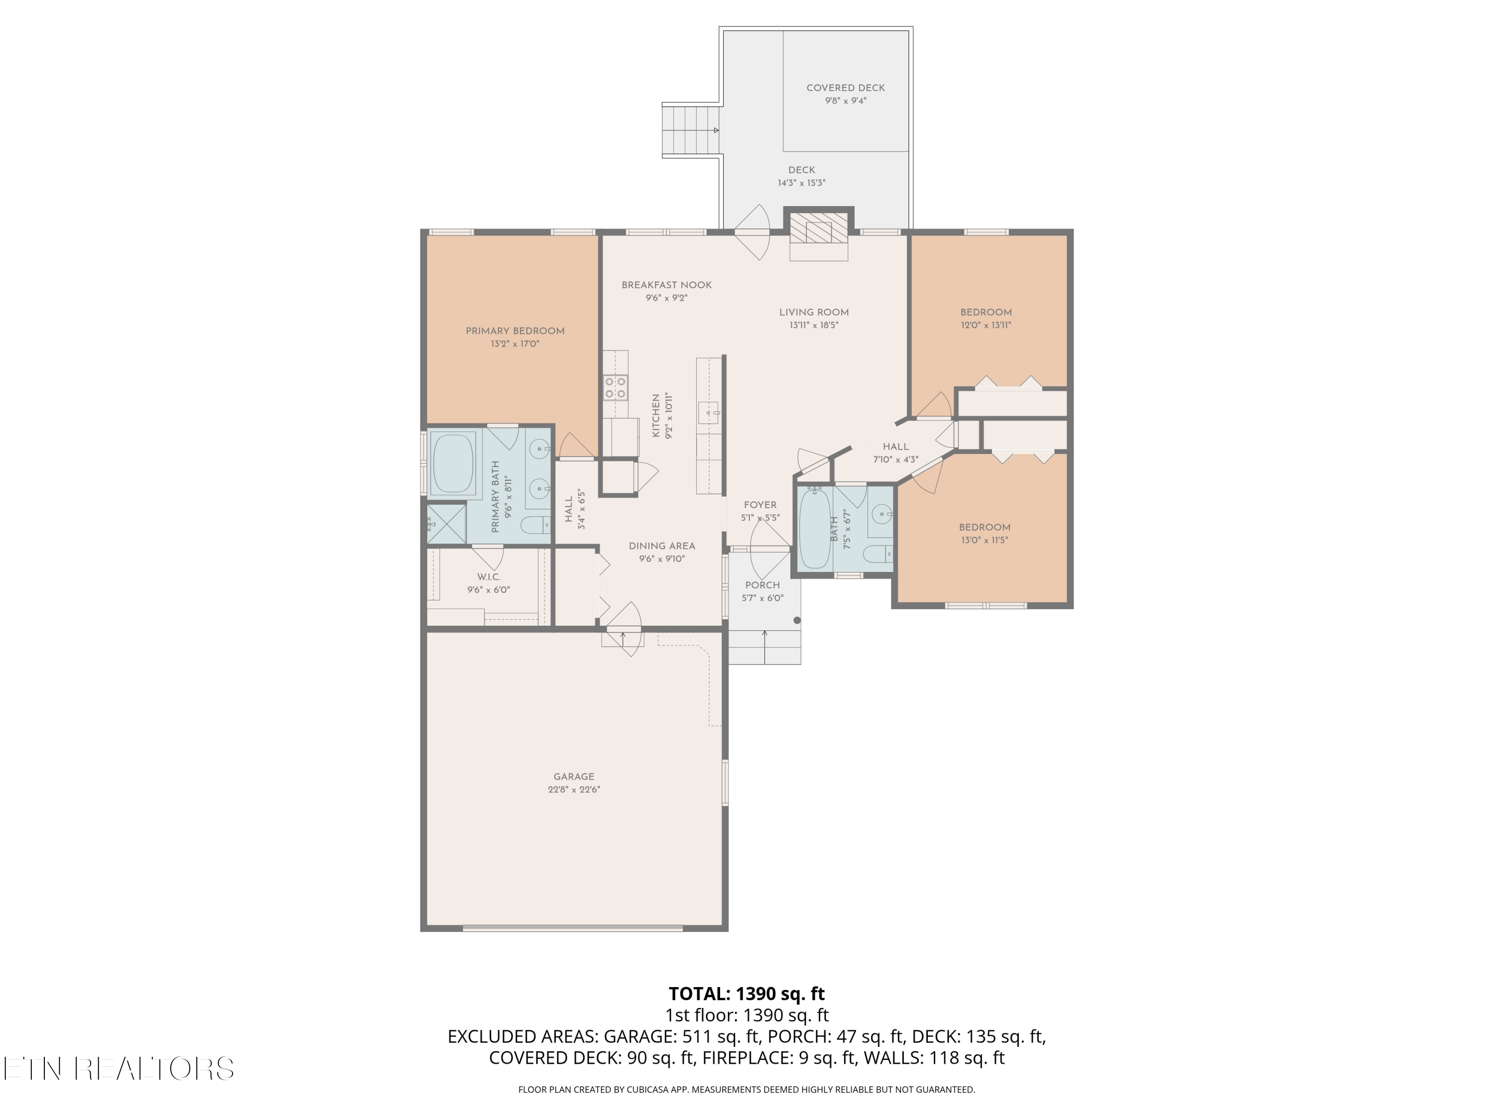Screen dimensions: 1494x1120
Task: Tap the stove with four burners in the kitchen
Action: (x=616, y=388)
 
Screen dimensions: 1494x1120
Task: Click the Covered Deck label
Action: (x=846, y=88)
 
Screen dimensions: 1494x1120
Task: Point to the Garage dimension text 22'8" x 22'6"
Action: (x=574, y=789)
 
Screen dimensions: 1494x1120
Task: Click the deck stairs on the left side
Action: (x=690, y=130)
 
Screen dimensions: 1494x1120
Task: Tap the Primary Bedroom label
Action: (x=515, y=331)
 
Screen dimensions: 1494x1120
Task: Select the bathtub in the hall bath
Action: (x=815, y=529)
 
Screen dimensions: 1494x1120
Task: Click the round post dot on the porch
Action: (x=797, y=620)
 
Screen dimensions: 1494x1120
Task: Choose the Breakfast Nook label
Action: (x=667, y=285)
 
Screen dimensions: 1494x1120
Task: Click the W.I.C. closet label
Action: (x=489, y=577)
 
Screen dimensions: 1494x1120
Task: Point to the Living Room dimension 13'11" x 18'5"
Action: (x=814, y=325)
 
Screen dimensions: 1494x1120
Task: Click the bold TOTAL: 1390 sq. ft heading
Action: (x=747, y=994)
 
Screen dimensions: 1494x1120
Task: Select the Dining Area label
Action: (x=662, y=546)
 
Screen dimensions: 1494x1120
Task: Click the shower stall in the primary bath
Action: (x=446, y=523)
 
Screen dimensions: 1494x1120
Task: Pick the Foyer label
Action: (x=760, y=505)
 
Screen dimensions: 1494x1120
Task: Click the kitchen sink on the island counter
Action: (x=709, y=412)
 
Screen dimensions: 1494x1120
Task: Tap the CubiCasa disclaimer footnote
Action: (x=747, y=1090)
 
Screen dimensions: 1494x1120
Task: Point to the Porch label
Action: (x=762, y=585)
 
